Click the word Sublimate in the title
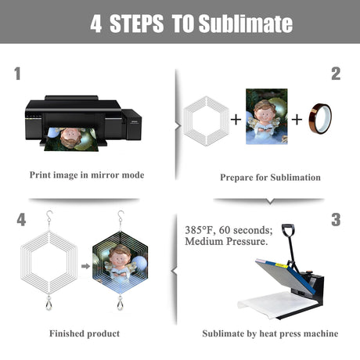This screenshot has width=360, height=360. click(246, 23)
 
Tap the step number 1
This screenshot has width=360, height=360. click(17, 74)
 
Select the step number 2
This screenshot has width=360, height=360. click(336, 74)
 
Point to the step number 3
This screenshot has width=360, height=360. click(336, 219)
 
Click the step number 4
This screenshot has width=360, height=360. click(21, 219)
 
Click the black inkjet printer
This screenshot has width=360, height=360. click(83, 120)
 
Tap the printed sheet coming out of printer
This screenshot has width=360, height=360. click(71, 139)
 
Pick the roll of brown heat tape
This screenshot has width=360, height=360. click(320, 118)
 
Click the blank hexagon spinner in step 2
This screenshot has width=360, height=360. click(206, 121)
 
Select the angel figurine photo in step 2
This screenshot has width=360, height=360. click(267, 117)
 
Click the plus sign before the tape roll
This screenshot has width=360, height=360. click(297, 120)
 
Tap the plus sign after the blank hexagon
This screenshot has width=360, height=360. click(236, 120)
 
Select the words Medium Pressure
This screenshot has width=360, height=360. click(226, 241)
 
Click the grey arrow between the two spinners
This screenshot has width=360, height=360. click(85, 266)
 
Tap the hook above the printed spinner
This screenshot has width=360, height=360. click(121, 216)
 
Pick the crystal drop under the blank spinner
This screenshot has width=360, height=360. click(49, 304)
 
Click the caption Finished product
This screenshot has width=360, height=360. click(85, 333)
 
